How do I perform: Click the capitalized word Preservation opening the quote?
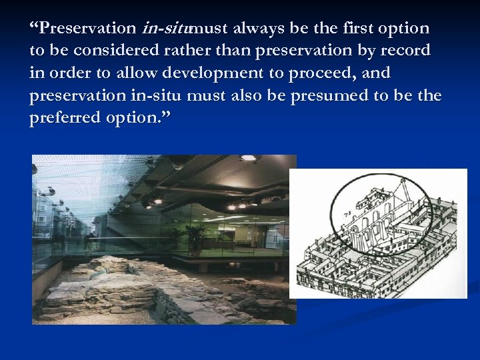[x=87, y=29]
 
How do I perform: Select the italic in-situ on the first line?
[x=165, y=29]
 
